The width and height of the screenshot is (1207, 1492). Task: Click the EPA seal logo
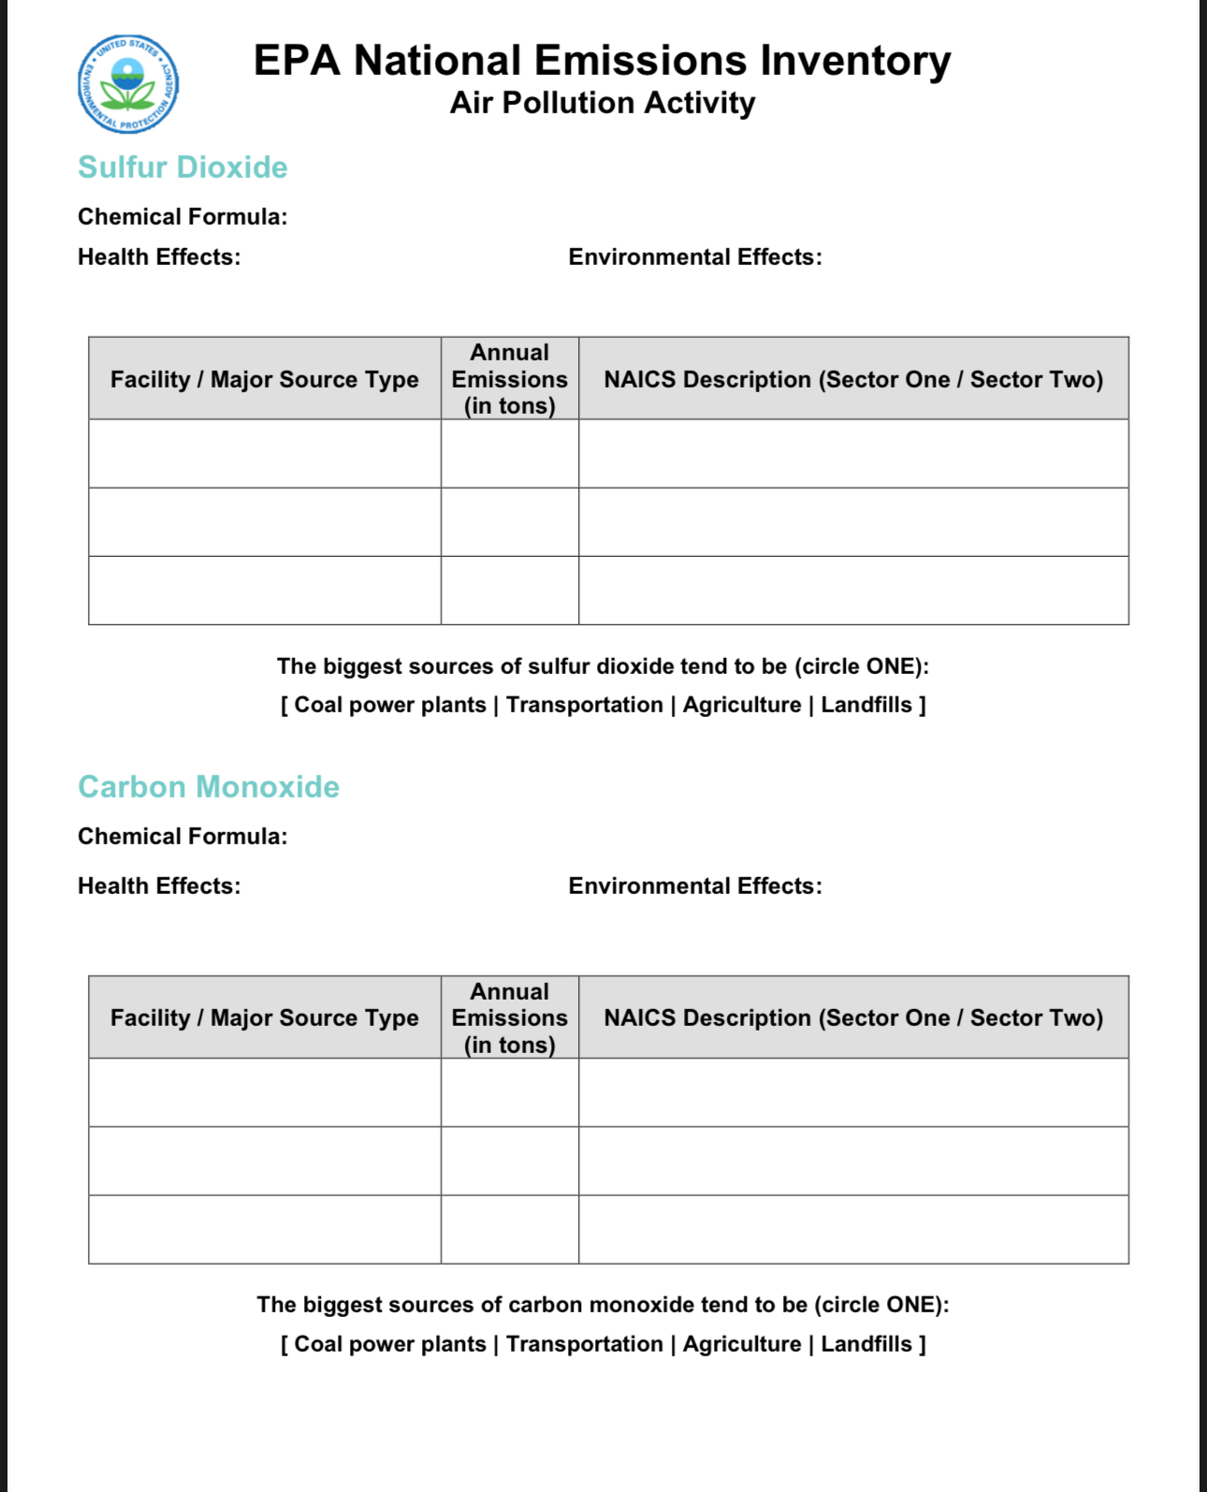click(x=128, y=84)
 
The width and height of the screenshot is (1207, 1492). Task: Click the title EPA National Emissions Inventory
click(x=602, y=61)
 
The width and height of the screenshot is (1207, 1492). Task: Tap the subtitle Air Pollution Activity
click(x=602, y=103)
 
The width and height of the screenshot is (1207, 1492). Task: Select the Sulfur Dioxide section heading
click(x=182, y=168)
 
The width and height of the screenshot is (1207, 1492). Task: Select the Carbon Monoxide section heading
click(x=208, y=787)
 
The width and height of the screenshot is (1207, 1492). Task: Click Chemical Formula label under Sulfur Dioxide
click(x=182, y=217)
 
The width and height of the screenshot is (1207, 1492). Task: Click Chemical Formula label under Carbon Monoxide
click(x=182, y=837)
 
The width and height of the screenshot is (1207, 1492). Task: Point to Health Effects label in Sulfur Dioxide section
click(x=159, y=257)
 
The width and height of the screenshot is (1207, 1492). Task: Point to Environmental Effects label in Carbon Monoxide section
click(x=694, y=886)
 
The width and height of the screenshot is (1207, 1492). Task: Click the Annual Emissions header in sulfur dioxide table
click(x=509, y=379)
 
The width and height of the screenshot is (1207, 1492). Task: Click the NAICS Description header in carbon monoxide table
click(x=852, y=1018)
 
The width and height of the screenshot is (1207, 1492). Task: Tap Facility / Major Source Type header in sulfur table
click(x=264, y=379)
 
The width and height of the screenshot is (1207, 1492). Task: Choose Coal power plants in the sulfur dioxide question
click(x=390, y=705)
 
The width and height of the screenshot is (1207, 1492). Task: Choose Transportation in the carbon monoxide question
click(x=584, y=1344)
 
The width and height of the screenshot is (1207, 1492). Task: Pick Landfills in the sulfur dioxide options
click(x=865, y=705)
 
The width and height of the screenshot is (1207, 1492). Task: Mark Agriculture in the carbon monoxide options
click(x=741, y=1344)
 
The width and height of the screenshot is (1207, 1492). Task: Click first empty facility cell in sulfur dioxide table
click(x=264, y=454)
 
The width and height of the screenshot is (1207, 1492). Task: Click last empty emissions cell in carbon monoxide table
click(x=509, y=1230)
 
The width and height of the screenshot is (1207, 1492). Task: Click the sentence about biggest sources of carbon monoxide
click(x=603, y=1305)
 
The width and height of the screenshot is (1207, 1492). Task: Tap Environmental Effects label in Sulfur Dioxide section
click(x=694, y=257)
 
